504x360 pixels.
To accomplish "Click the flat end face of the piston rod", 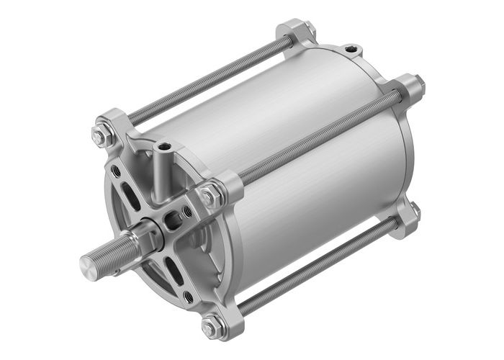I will point(88,267).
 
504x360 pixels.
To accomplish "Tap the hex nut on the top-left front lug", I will point(100,133).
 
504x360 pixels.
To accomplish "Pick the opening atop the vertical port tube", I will point(165,147).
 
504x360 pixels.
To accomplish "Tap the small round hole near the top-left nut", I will point(115,171).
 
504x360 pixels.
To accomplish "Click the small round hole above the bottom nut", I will point(189,296).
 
